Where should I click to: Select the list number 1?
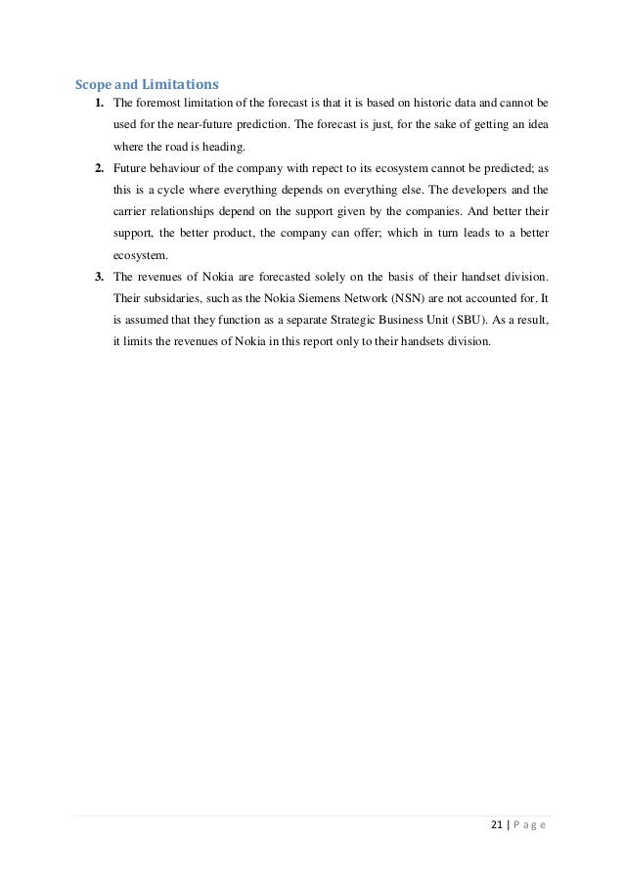pos(99,104)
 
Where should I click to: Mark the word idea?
pos(533,125)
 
